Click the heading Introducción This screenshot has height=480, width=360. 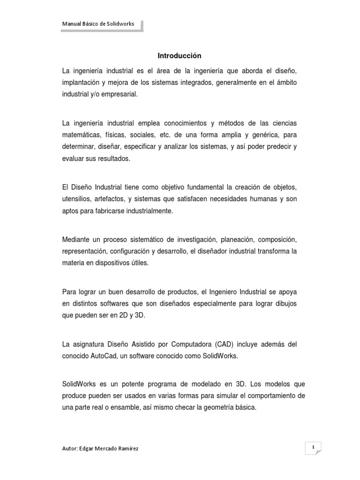pyautogui.click(x=180, y=56)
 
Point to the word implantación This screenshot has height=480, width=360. pyautogui.click(x=81, y=82)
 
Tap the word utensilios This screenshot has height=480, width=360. pyautogui.click(x=75, y=199)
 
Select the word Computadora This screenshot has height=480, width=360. pyautogui.click(x=195, y=344)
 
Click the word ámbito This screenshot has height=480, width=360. pyautogui.click(x=287, y=82)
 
